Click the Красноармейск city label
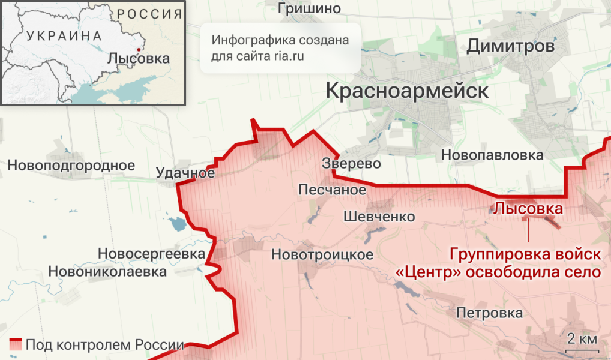[x=407, y=91]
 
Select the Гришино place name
[x=309, y=8]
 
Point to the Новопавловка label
[x=492, y=155]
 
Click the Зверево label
[x=351, y=163]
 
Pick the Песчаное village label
[x=333, y=190]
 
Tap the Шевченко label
[x=379, y=217]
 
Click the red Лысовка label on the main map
[x=528, y=209]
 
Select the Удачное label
[x=185, y=173]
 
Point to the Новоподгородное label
[x=71, y=165]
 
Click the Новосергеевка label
[x=151, y=254]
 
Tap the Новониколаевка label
[x=107, y=272]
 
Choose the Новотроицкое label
[x=322, y=254]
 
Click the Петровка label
[x=489, y=313]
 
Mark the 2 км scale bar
[x=582, y=346]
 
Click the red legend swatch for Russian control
[x=16, y=345]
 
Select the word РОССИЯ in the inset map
[x=149, y=14]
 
